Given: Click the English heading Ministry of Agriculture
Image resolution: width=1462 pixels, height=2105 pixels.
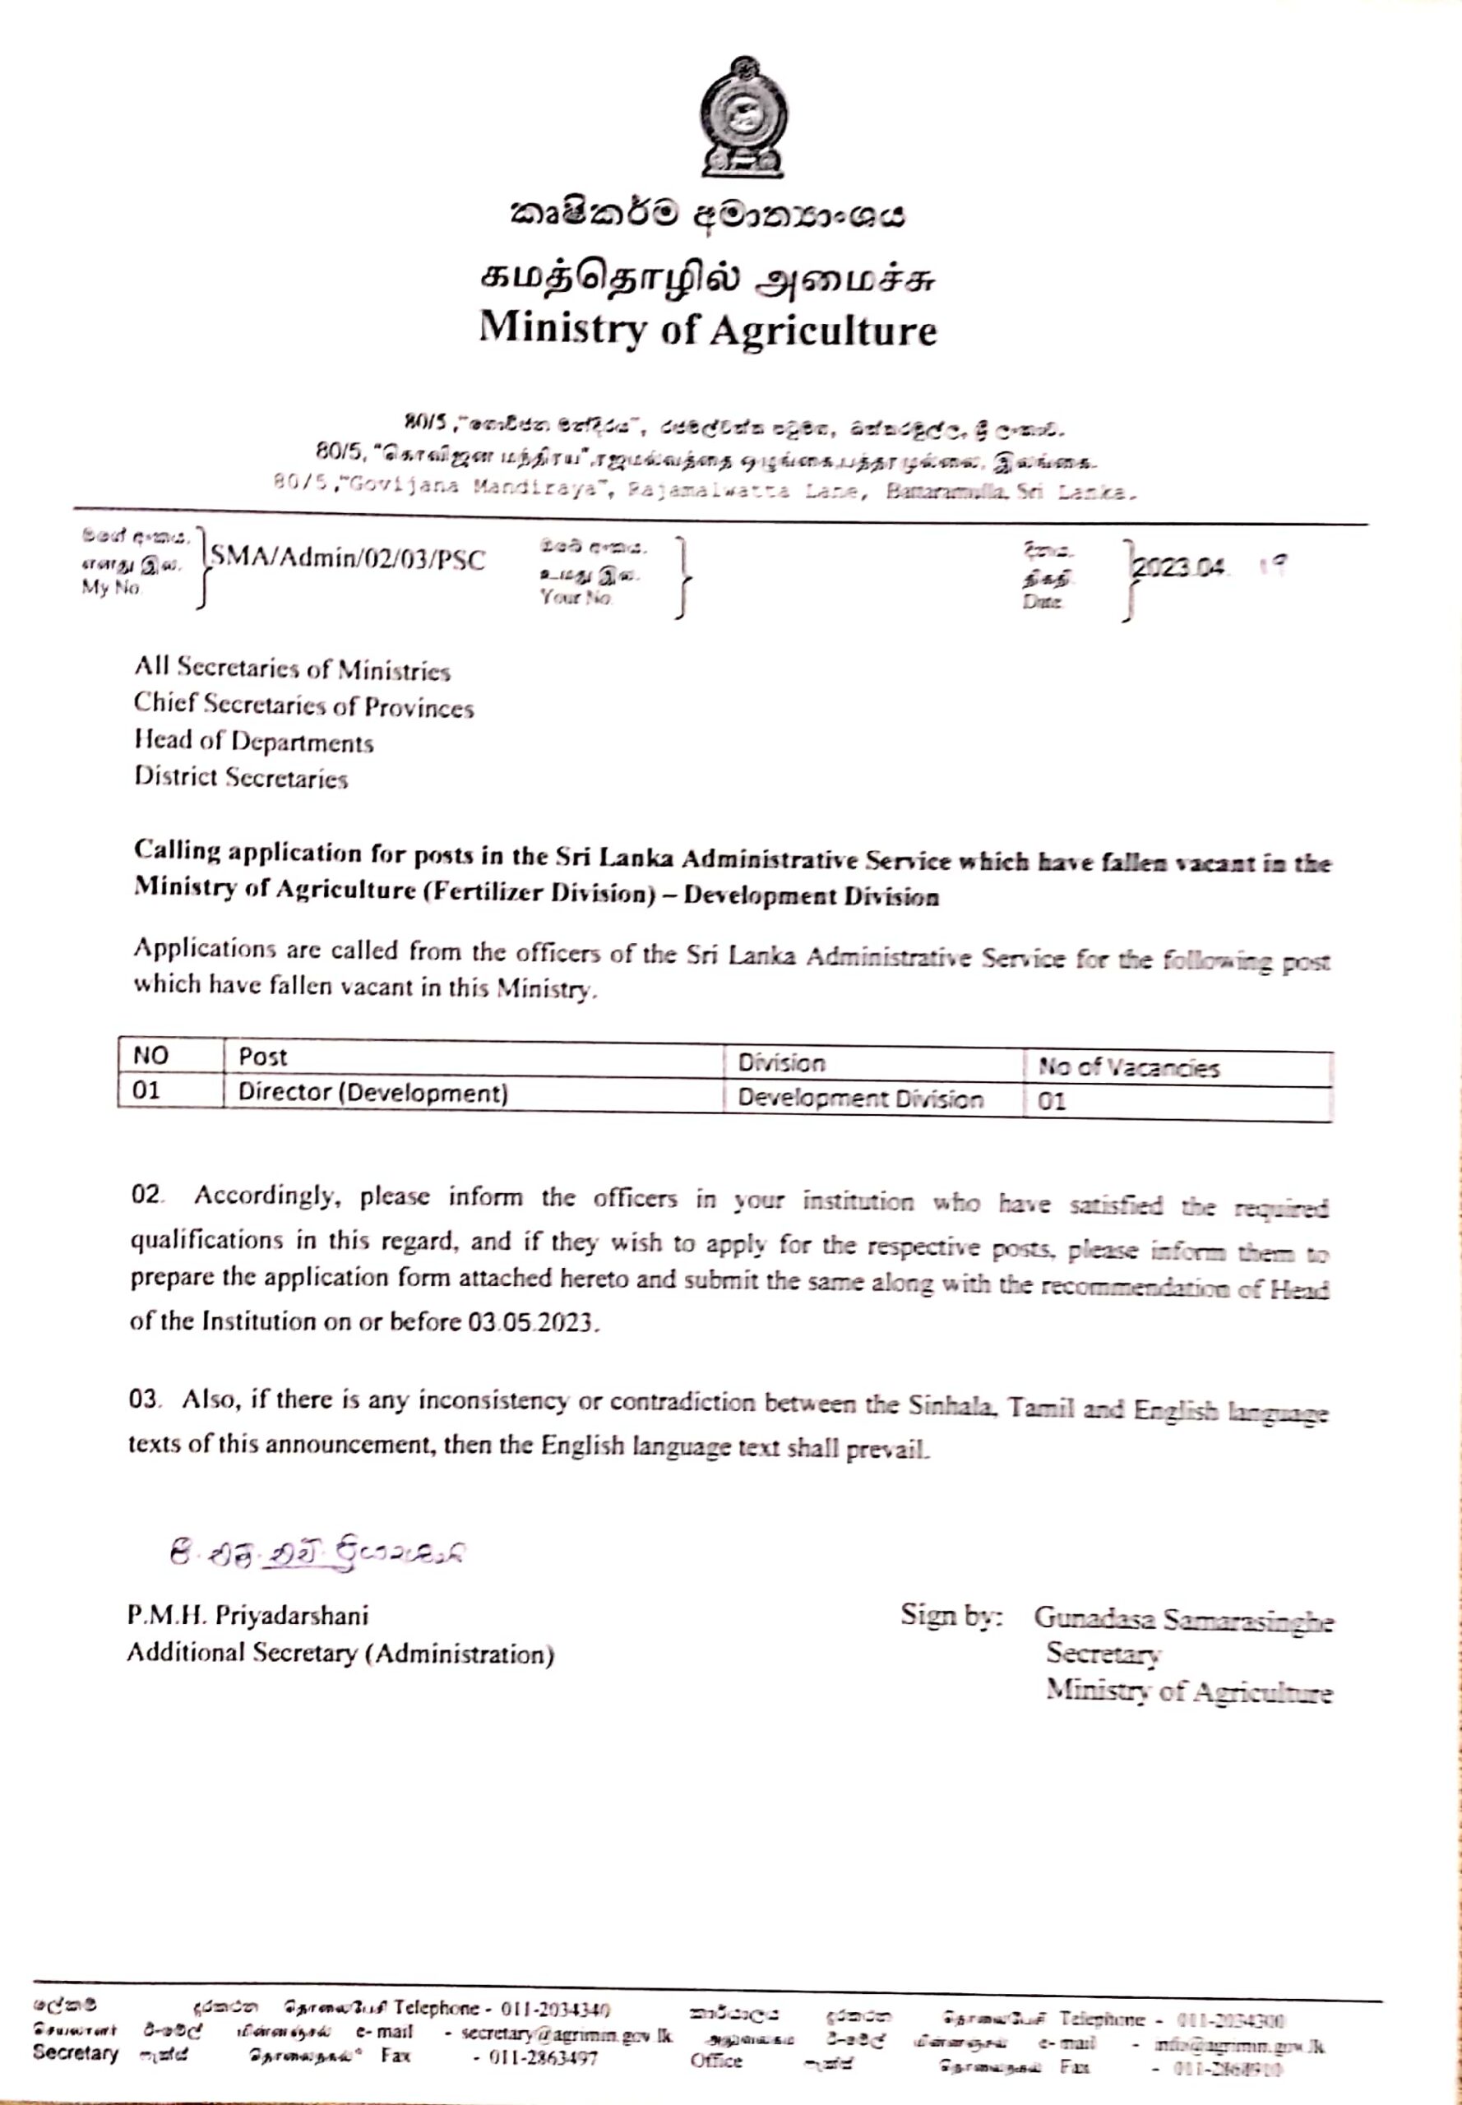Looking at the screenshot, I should coord(707,329).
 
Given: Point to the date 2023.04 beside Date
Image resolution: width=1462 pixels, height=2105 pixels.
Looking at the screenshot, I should coord(1178,568).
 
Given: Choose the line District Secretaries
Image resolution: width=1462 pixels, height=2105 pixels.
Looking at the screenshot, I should coord(241,777).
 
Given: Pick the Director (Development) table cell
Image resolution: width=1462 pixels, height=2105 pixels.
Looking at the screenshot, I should coord(372,1093).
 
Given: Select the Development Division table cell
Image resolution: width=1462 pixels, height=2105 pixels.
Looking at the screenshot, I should coord(860,1099).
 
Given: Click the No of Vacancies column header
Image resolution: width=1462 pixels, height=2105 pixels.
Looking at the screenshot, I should coord(1128,1067).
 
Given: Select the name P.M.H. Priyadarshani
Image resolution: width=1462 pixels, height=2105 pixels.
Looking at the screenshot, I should coord(248,1615).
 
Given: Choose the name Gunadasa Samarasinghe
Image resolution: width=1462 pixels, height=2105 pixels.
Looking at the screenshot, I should coord(1183,1620).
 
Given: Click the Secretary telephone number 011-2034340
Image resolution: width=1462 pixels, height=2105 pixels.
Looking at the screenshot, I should coord(555,2010).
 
